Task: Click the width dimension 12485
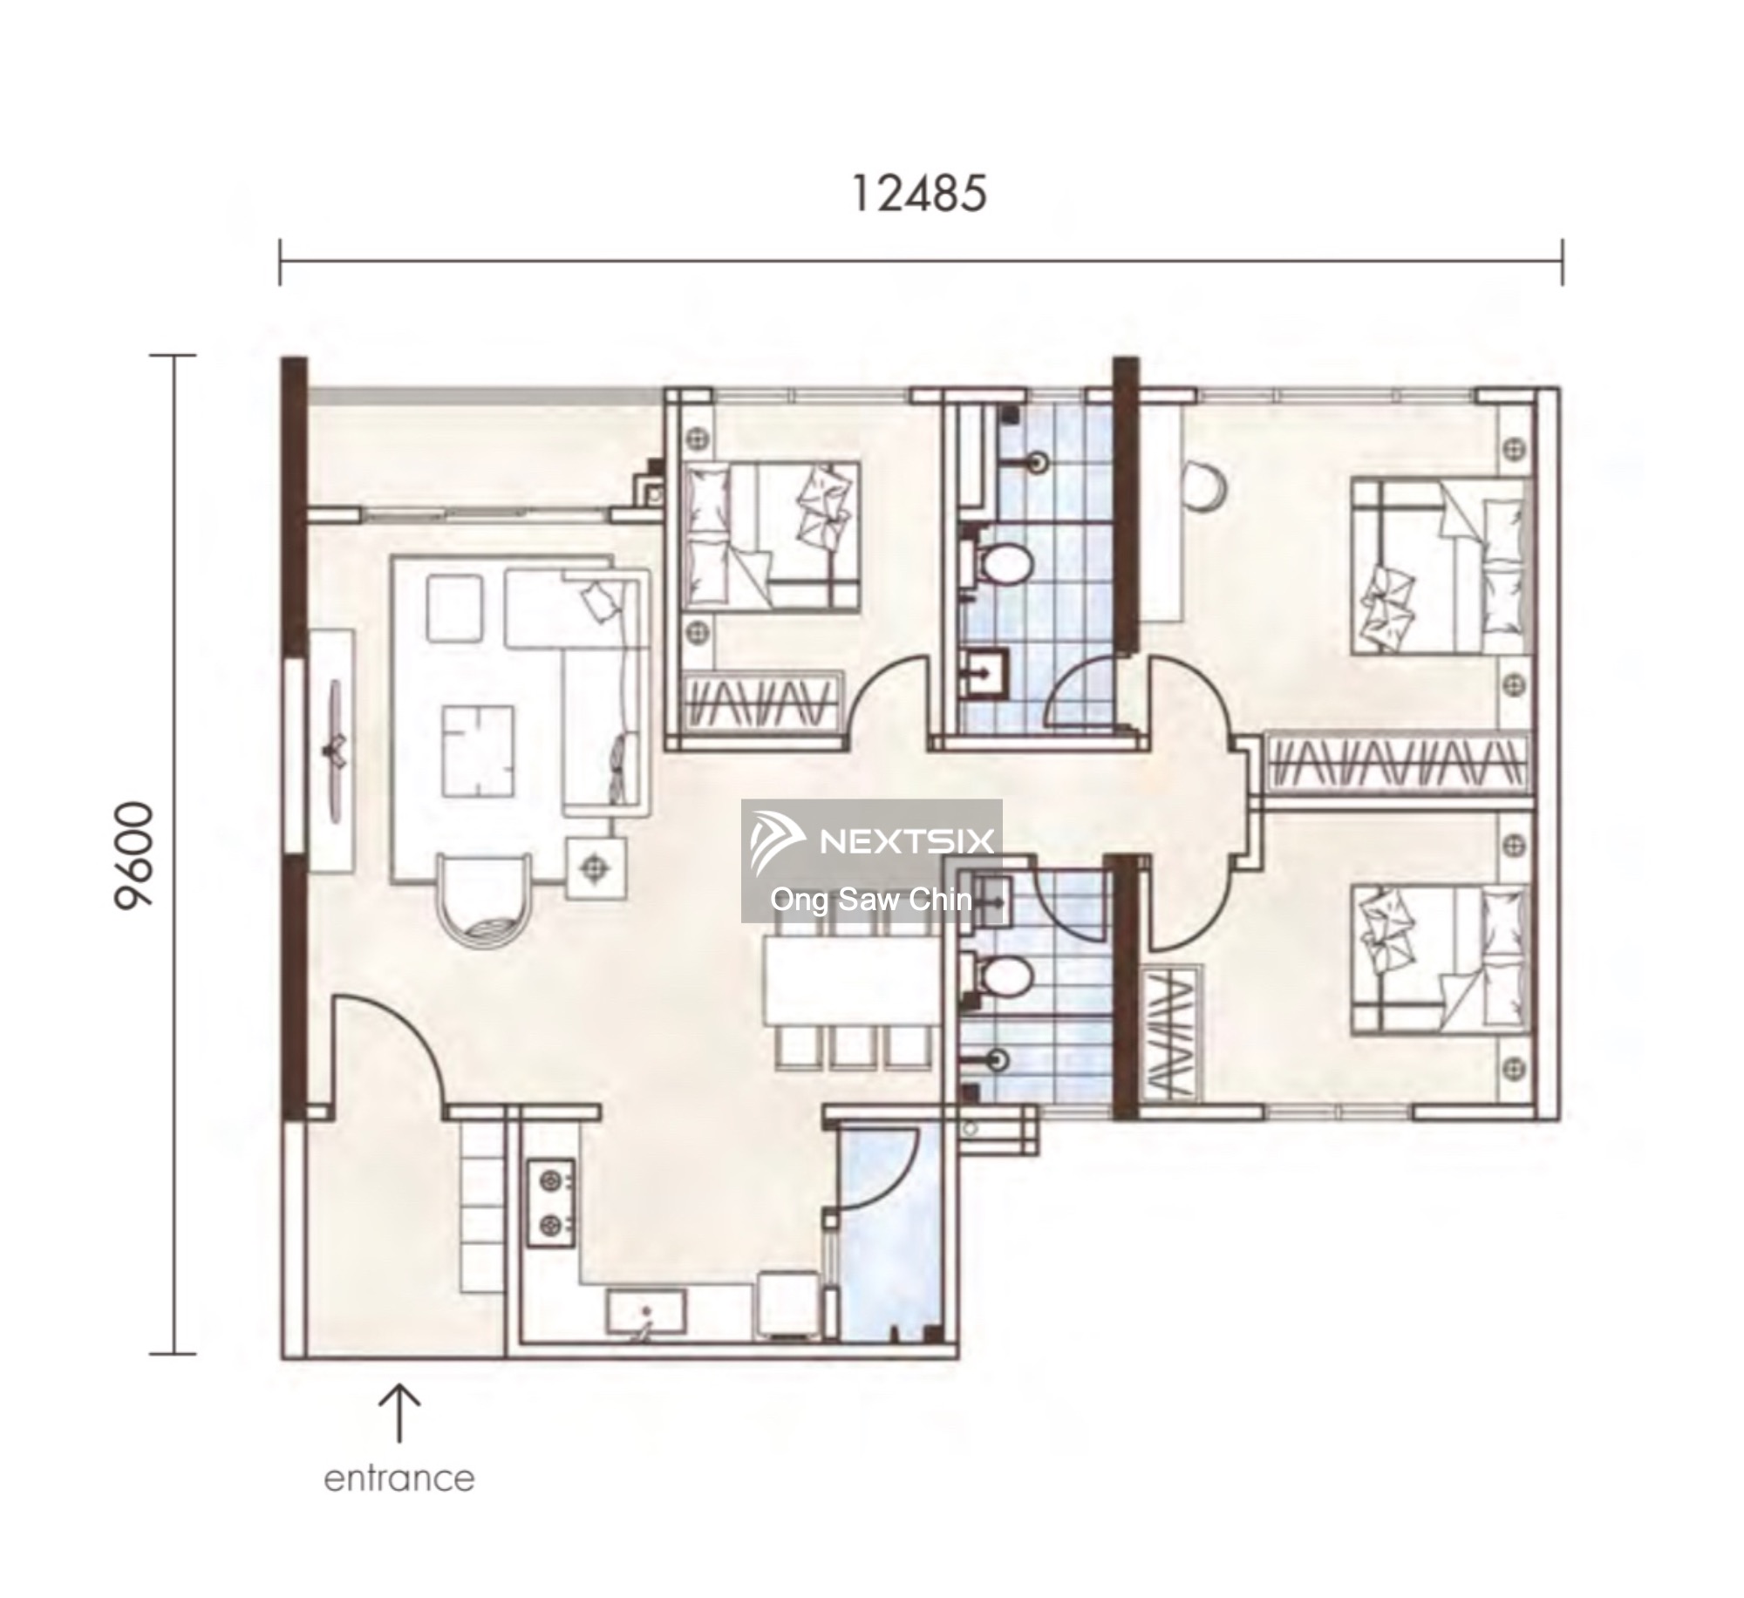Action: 919,193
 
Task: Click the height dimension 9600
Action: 134,856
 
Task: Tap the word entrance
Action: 399,1478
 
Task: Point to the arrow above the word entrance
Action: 399,1412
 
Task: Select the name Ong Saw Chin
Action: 871,899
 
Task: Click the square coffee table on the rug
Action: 477,751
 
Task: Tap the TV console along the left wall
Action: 333,750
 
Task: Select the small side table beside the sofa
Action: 596,867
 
